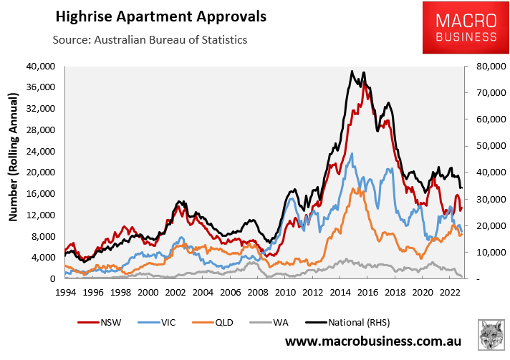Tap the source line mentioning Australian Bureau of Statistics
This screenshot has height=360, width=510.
coord(150,39)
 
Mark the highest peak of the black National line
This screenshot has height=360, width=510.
coord(352,71)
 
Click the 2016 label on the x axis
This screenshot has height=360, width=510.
coord(369,292)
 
